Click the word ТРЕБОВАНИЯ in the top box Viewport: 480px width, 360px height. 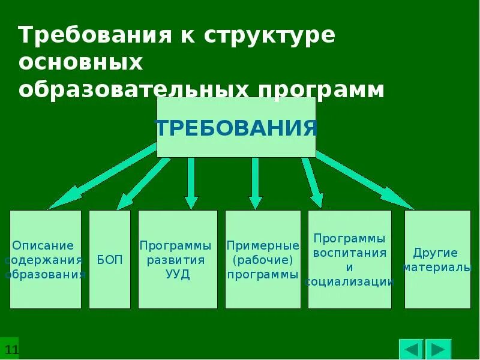coord(236,127)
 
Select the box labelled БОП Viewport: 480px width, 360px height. coord(109,259)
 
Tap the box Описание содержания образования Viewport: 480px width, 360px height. coord(45,259)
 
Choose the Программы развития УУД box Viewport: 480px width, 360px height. coord(178,259)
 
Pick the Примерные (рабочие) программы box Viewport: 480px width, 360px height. coord(263,259)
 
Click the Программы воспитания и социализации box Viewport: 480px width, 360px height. coord(349,259)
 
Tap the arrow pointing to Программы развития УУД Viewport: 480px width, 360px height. coord(191,183)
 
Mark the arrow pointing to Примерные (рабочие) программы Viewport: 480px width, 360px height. coord(256,183)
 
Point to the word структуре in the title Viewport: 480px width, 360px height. coord(269,35)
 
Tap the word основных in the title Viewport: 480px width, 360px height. coord(80,62)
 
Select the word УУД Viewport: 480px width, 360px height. coord(178,275)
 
